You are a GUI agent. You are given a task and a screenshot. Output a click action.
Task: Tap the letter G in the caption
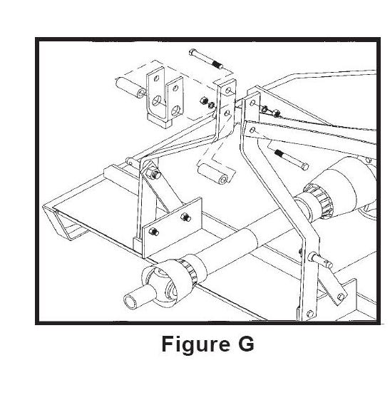(x=246, y=343)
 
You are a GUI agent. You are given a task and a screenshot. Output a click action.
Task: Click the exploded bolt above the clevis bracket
(x=206, y=59)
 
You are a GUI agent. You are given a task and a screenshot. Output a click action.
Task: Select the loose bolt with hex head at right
(x=292, y=160)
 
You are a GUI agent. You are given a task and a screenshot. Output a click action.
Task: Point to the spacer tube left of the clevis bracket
(x=130, y=87)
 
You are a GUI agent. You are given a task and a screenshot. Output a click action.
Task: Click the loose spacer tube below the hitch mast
(x=212, y=173)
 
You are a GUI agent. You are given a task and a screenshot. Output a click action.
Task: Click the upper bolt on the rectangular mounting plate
(x=186, y=217)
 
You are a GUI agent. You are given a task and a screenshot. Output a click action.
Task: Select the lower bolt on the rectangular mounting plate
(x=154, y=232)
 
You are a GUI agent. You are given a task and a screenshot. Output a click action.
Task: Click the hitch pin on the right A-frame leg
(x=320, y=260)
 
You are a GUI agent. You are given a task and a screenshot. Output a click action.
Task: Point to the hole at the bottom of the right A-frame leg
(x=309, y=314)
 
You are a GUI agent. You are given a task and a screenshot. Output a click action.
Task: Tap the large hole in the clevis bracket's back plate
(x=157, y=101)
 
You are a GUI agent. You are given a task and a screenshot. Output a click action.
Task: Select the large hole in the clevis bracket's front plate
(x=176, y=110)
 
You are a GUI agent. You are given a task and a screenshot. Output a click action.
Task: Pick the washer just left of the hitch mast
(x=212, y=105)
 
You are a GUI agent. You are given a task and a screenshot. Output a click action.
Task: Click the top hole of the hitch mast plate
(x=228, y=91)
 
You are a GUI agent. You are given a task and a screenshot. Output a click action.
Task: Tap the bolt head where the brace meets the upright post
(x=153, y=173)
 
